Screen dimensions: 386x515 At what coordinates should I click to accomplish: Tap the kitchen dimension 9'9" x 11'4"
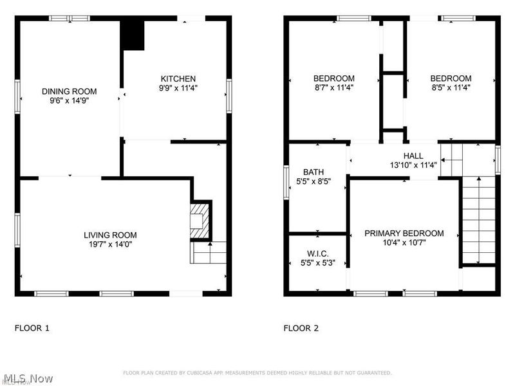(x=178, y=88)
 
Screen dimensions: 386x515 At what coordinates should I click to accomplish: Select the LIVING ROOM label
(x=110, y=235)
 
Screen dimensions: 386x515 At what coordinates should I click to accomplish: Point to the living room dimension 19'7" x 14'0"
(x=110, y=244)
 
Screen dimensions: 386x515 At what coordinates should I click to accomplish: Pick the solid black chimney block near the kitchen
(x=133, y=35)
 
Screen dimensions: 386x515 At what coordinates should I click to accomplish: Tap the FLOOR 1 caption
(x=32, y=328)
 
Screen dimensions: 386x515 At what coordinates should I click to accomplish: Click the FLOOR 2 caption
(x=301, y=328)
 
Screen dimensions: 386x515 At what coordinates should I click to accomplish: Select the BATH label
(x=314, y=172)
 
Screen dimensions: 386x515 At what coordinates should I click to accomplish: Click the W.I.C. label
(x=318, y=253)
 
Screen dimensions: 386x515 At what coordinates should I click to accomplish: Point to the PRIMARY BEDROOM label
(x=404, y=233)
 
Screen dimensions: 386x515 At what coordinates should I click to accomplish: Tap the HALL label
(x=413, y=156)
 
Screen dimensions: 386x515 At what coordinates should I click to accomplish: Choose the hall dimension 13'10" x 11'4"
(x=413, y=165)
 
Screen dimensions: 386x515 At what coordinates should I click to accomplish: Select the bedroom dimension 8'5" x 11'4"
(x=451, y=88)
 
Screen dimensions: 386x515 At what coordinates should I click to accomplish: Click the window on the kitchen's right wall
(x=229, y=96)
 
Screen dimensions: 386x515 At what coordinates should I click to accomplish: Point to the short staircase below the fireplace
(x=208, y=253)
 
